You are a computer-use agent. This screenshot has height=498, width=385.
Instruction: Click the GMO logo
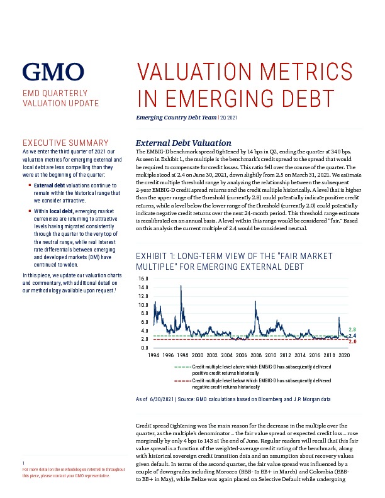point(53,72)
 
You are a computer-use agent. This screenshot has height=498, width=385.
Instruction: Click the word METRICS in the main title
point(306,71)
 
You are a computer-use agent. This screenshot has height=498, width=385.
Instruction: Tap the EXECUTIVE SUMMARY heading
point(65,143)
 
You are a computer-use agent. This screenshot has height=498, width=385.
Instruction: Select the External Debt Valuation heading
point(184,143)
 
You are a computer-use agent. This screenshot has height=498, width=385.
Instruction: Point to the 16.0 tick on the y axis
point(143,279)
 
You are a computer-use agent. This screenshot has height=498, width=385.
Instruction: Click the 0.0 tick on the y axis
point(144,348)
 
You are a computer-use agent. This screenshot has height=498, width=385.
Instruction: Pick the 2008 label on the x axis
point(256,355)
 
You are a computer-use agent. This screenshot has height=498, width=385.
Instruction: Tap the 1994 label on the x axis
point(153,355)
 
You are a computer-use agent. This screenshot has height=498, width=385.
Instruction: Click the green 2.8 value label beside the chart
point(352,329)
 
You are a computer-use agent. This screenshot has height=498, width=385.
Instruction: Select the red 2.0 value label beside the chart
point(352,341)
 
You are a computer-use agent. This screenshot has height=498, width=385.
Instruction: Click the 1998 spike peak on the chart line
point(181,285)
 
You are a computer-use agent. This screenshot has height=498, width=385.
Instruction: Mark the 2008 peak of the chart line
point(255,301)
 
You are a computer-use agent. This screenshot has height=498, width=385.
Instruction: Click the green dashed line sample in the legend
point(182,367)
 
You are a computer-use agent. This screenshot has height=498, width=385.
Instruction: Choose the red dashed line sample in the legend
point(182,380)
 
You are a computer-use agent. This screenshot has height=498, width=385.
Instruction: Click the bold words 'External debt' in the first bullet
point(49,185)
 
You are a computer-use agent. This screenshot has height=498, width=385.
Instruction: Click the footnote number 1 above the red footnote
point(23,463)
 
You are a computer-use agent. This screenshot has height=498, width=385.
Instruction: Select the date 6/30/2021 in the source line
point(162,399)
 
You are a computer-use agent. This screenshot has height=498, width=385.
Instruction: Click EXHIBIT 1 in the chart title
point(155,257)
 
